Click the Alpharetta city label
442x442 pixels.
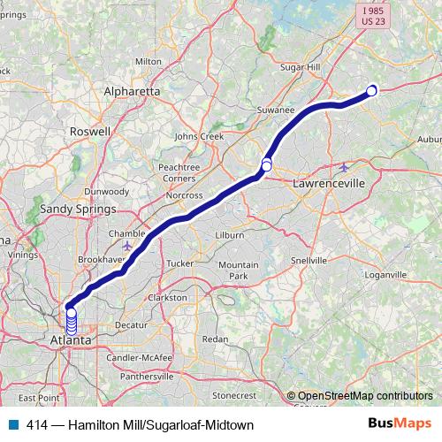tap(132, 91)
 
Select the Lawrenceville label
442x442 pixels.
tap(329, 183)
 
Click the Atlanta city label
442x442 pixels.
tap(71, 340)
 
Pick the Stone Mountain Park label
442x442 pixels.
tap(233, 271)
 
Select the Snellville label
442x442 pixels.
tap(309, 261)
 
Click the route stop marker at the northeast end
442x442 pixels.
tap(372, 89)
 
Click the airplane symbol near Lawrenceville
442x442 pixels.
tap(345, 167)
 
